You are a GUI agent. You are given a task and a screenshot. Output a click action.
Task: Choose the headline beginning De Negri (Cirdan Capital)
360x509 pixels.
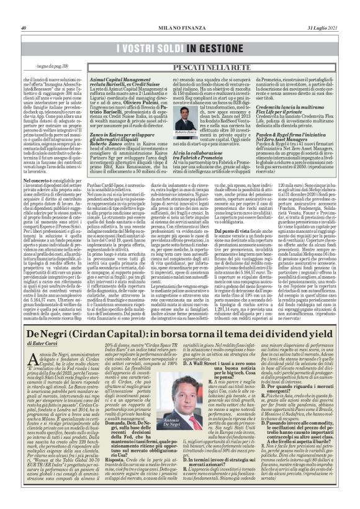(x=180, y=366)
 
